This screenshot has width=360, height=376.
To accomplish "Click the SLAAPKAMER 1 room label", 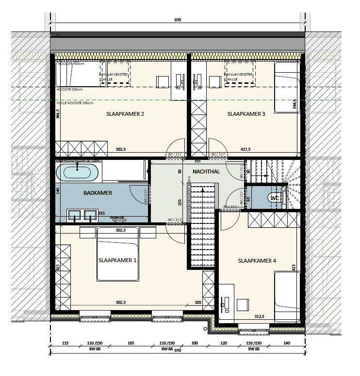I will pos(117,260).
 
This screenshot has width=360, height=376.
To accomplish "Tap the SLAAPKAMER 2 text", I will pos(125,114).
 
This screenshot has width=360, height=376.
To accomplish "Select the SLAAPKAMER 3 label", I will pos(246,114).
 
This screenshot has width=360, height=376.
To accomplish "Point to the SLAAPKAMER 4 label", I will pos(257,261).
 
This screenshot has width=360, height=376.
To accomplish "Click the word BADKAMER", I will pos(98,193).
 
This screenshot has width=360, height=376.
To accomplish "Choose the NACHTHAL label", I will pos(206,172).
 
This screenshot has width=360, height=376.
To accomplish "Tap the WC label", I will pos(275,198).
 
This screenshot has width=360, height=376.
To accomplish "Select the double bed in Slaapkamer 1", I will pos(118,253).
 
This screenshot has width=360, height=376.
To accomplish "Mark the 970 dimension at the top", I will pos(178,20).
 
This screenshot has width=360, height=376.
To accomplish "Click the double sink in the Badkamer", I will pos(82,216).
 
